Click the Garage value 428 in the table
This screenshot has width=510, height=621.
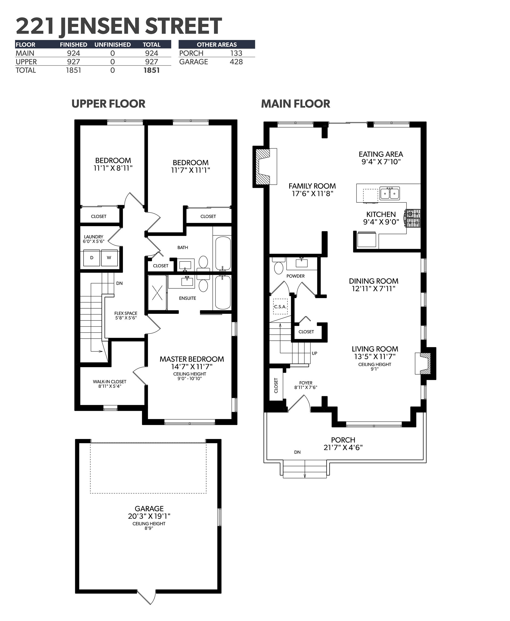pos(236,62)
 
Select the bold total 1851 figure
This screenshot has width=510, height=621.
pos(151,70)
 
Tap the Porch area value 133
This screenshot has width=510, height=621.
pos(236,53)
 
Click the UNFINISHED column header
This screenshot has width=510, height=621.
pos(112,45)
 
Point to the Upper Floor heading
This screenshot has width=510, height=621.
pos(108,104)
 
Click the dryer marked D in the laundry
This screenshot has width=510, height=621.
pos(92,258)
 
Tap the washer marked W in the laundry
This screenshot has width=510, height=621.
pos(109,258)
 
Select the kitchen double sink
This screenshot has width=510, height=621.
pos(390,193)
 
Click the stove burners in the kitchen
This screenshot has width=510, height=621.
pos(413,218)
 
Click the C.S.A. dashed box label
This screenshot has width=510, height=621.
pos(280,307)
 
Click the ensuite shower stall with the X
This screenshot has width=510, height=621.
pos(157,293)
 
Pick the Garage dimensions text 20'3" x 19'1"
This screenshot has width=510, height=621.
pos(149,516)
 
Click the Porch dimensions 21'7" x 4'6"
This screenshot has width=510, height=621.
pos(343,447)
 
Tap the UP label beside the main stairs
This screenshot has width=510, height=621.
pos(314,353)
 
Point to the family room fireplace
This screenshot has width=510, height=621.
pos(265,167)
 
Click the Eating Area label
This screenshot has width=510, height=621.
pos(381,154)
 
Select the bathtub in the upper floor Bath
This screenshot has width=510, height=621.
pos(223,253)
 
